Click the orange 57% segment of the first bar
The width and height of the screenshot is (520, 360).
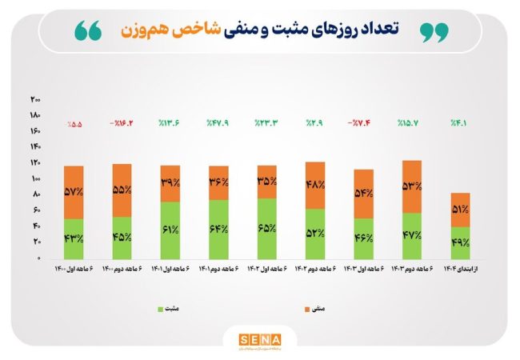[x=74, y=193]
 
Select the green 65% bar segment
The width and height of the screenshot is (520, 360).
[x=266, y=229]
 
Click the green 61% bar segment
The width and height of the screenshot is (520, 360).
[x=170, y=230]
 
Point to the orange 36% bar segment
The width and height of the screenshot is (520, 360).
[x=218, y=182]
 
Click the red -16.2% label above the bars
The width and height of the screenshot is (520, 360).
[x=122, y=124]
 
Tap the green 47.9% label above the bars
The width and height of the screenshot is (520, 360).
[x=218, y=124]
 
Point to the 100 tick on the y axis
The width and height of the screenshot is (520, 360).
[x=35, y=179]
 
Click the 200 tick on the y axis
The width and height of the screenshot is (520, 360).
[x=35, y=99]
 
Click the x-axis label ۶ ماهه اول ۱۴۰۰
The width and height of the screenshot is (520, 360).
[x=74, y=270]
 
